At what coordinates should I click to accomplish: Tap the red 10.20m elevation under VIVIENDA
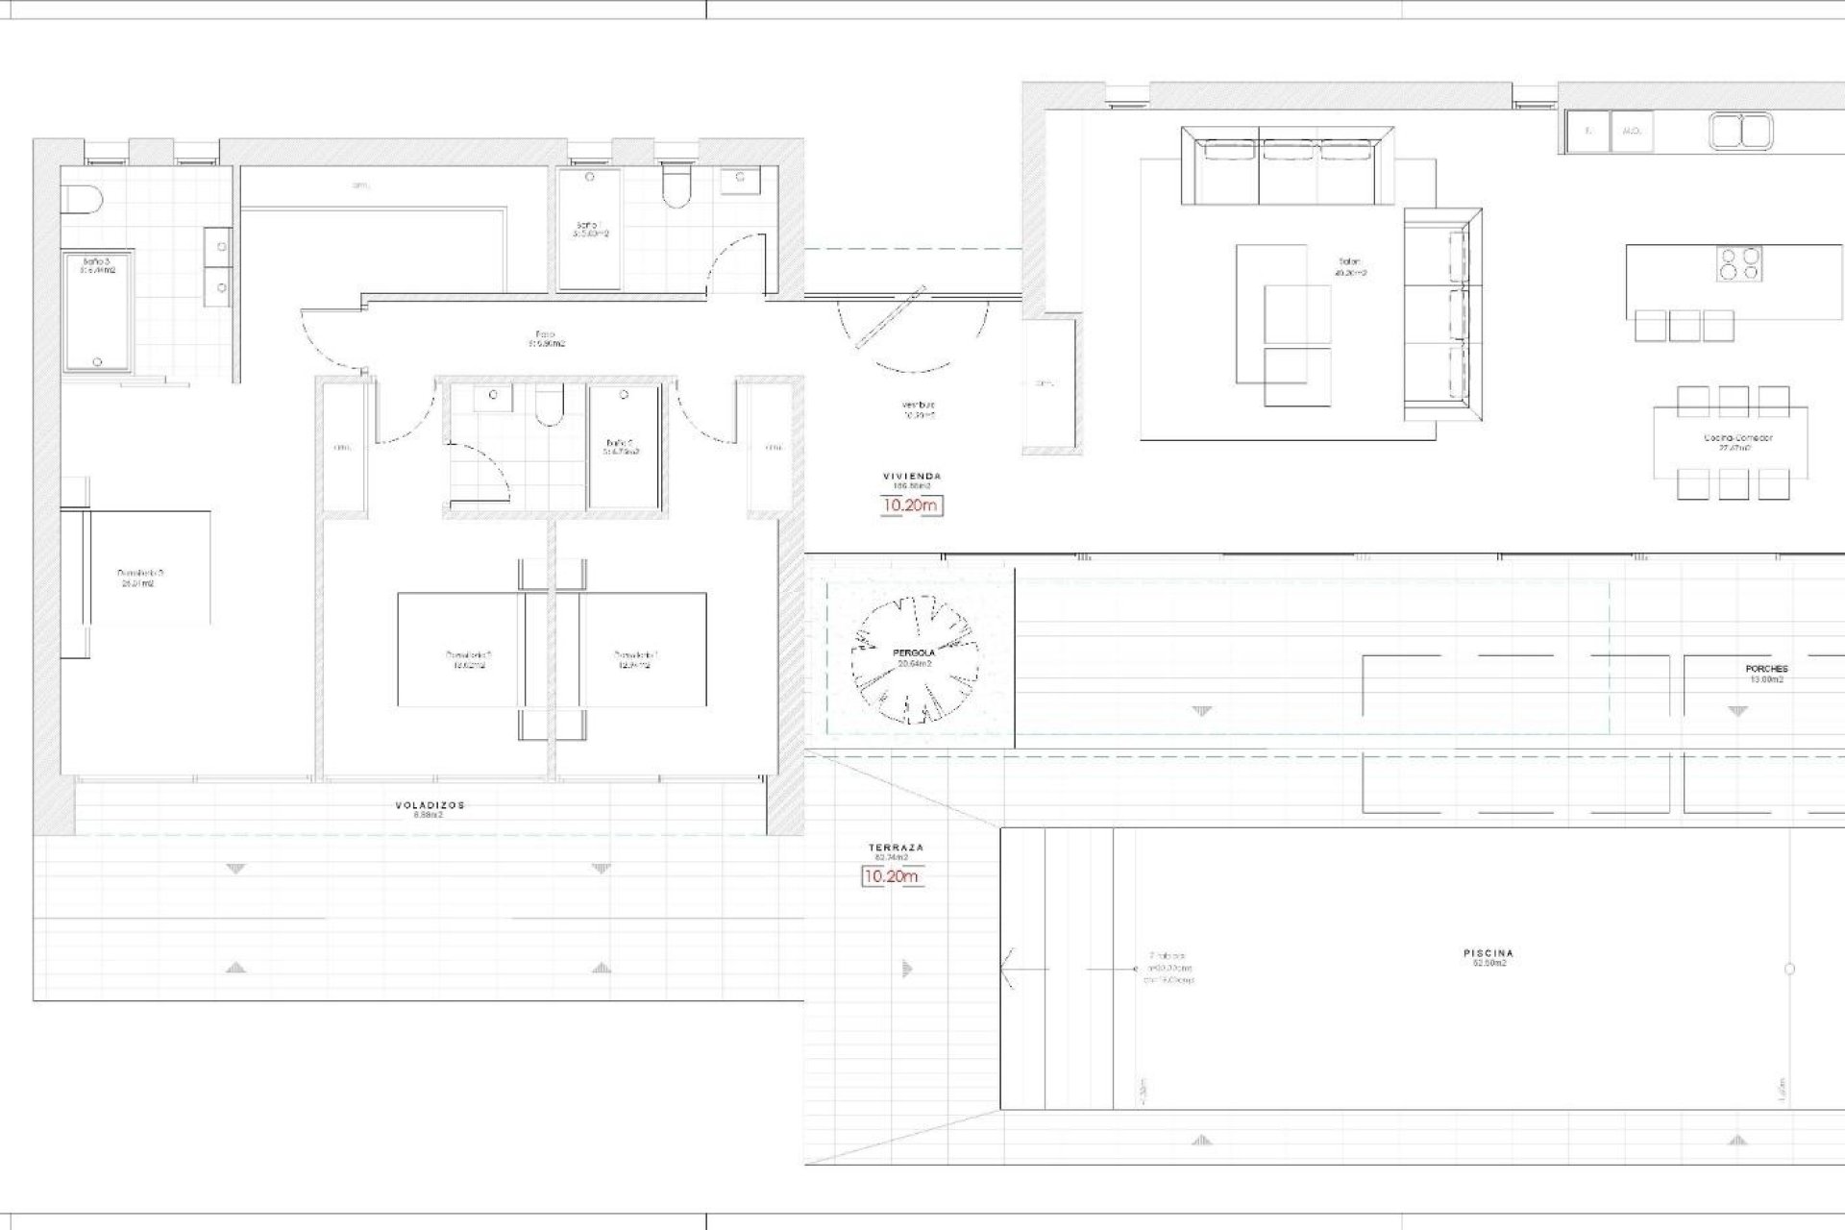click(912, 505)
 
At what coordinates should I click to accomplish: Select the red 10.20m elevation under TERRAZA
click(891, 876)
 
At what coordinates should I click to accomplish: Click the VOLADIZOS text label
click(430, 806)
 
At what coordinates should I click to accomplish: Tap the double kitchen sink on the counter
click(1740, 132)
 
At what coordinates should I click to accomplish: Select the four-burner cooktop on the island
click(1740, 264)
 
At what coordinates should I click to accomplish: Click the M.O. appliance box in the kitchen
click(1631, 131)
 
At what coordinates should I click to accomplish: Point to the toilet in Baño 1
click(676, 186)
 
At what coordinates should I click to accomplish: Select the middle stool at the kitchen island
click(1685, 326)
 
